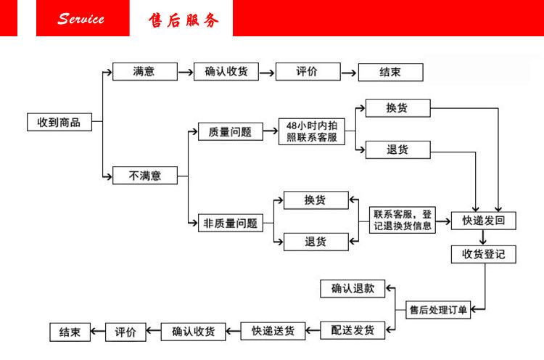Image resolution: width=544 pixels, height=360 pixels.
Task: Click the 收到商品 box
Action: (59, 122)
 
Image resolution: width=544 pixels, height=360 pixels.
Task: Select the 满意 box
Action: (144, 72)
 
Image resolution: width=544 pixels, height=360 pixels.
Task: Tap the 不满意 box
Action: (144, 175)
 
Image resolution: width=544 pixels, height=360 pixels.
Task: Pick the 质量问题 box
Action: (230, 132)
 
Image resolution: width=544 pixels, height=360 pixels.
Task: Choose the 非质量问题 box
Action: (229, 224)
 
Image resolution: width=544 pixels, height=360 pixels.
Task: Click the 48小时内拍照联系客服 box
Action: (312, 131)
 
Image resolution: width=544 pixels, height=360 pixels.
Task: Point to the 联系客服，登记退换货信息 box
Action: (403, 219)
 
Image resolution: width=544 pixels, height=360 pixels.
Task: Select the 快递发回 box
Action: (483, 221)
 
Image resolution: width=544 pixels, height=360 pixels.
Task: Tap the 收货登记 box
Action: (483, 254)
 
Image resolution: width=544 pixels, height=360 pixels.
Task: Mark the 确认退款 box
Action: (353, 288)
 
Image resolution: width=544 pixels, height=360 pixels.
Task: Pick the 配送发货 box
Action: (353, 330)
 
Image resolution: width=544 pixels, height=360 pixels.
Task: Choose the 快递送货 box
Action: (273, 331)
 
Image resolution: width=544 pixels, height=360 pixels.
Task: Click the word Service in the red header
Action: (81, 19)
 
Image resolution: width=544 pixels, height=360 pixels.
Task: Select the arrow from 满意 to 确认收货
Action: (186, 72)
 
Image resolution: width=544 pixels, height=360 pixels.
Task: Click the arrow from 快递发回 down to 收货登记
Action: (483, 237)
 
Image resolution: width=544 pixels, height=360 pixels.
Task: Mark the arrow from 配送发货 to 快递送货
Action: (313, 331)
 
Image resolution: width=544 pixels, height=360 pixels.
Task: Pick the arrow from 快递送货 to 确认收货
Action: (233, 331)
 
